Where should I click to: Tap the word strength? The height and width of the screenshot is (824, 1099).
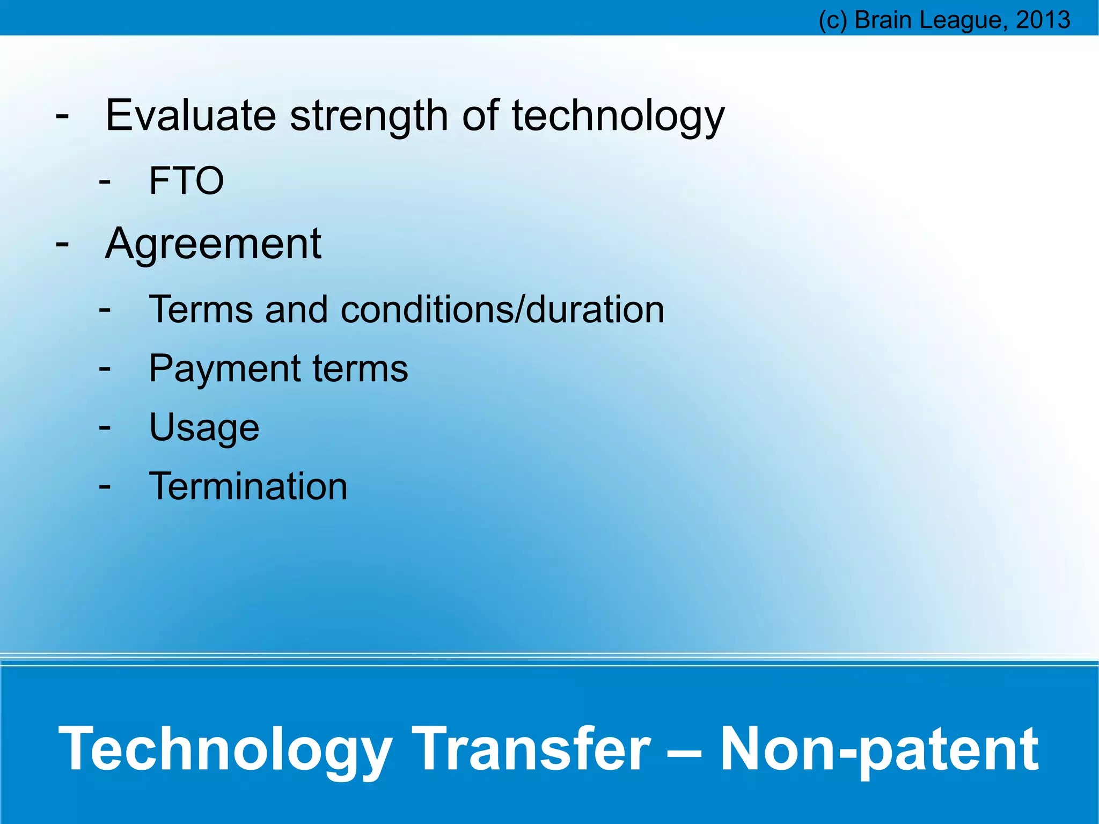(369, 116)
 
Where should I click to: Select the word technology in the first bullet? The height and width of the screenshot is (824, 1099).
(618, 116)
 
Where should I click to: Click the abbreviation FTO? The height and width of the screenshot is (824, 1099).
(186, 181)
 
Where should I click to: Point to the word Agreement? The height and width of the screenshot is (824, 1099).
(213, 245)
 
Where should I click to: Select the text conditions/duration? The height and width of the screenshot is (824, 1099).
(502, 310)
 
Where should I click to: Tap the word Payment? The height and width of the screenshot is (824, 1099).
(224, 369)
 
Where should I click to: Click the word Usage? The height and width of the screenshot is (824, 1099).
(204, 428)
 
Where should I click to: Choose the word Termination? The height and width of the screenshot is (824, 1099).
(248, 486)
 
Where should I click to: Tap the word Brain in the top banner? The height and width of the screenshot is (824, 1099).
(883, 20)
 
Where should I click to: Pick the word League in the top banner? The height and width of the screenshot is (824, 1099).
(960, 20)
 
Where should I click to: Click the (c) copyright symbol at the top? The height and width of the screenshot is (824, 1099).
(832, 20)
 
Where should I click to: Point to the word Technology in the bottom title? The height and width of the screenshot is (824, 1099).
(225, 748)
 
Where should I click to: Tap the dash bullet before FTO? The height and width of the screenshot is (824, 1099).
(105, 181)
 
